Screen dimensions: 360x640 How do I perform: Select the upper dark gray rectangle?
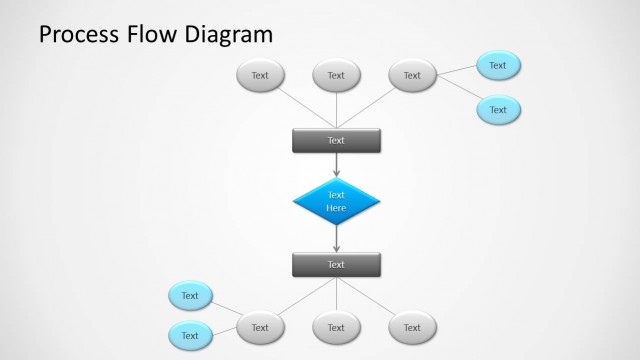[x=336, y=141]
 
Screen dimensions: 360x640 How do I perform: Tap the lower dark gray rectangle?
[x=336, y=265]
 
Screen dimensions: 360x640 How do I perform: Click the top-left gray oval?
[x=260, y=75]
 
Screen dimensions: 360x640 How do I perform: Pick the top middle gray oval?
[x=336, y=75]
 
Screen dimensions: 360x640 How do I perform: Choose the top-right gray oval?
[x=412, y=75]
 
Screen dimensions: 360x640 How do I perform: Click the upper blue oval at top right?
[x=498, y=65]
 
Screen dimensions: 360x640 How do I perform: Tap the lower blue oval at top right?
[x=498, y=110]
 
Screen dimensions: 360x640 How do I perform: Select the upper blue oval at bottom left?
[x=190, y=296]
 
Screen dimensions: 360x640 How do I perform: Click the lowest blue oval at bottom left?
[x=190, y=336]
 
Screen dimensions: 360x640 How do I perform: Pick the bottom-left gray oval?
[x=260, y=327]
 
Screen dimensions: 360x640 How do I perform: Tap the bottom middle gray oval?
[x=336, y=327]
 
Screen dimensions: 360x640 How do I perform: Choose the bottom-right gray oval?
[x=412, y=327]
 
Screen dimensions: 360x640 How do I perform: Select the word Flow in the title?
[x=154, y=35]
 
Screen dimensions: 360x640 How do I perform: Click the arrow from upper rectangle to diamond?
[x=336, y=165]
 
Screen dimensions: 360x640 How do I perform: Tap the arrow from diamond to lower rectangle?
[x=336, y=240]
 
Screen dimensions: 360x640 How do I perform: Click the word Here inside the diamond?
[x=336, y=208]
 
